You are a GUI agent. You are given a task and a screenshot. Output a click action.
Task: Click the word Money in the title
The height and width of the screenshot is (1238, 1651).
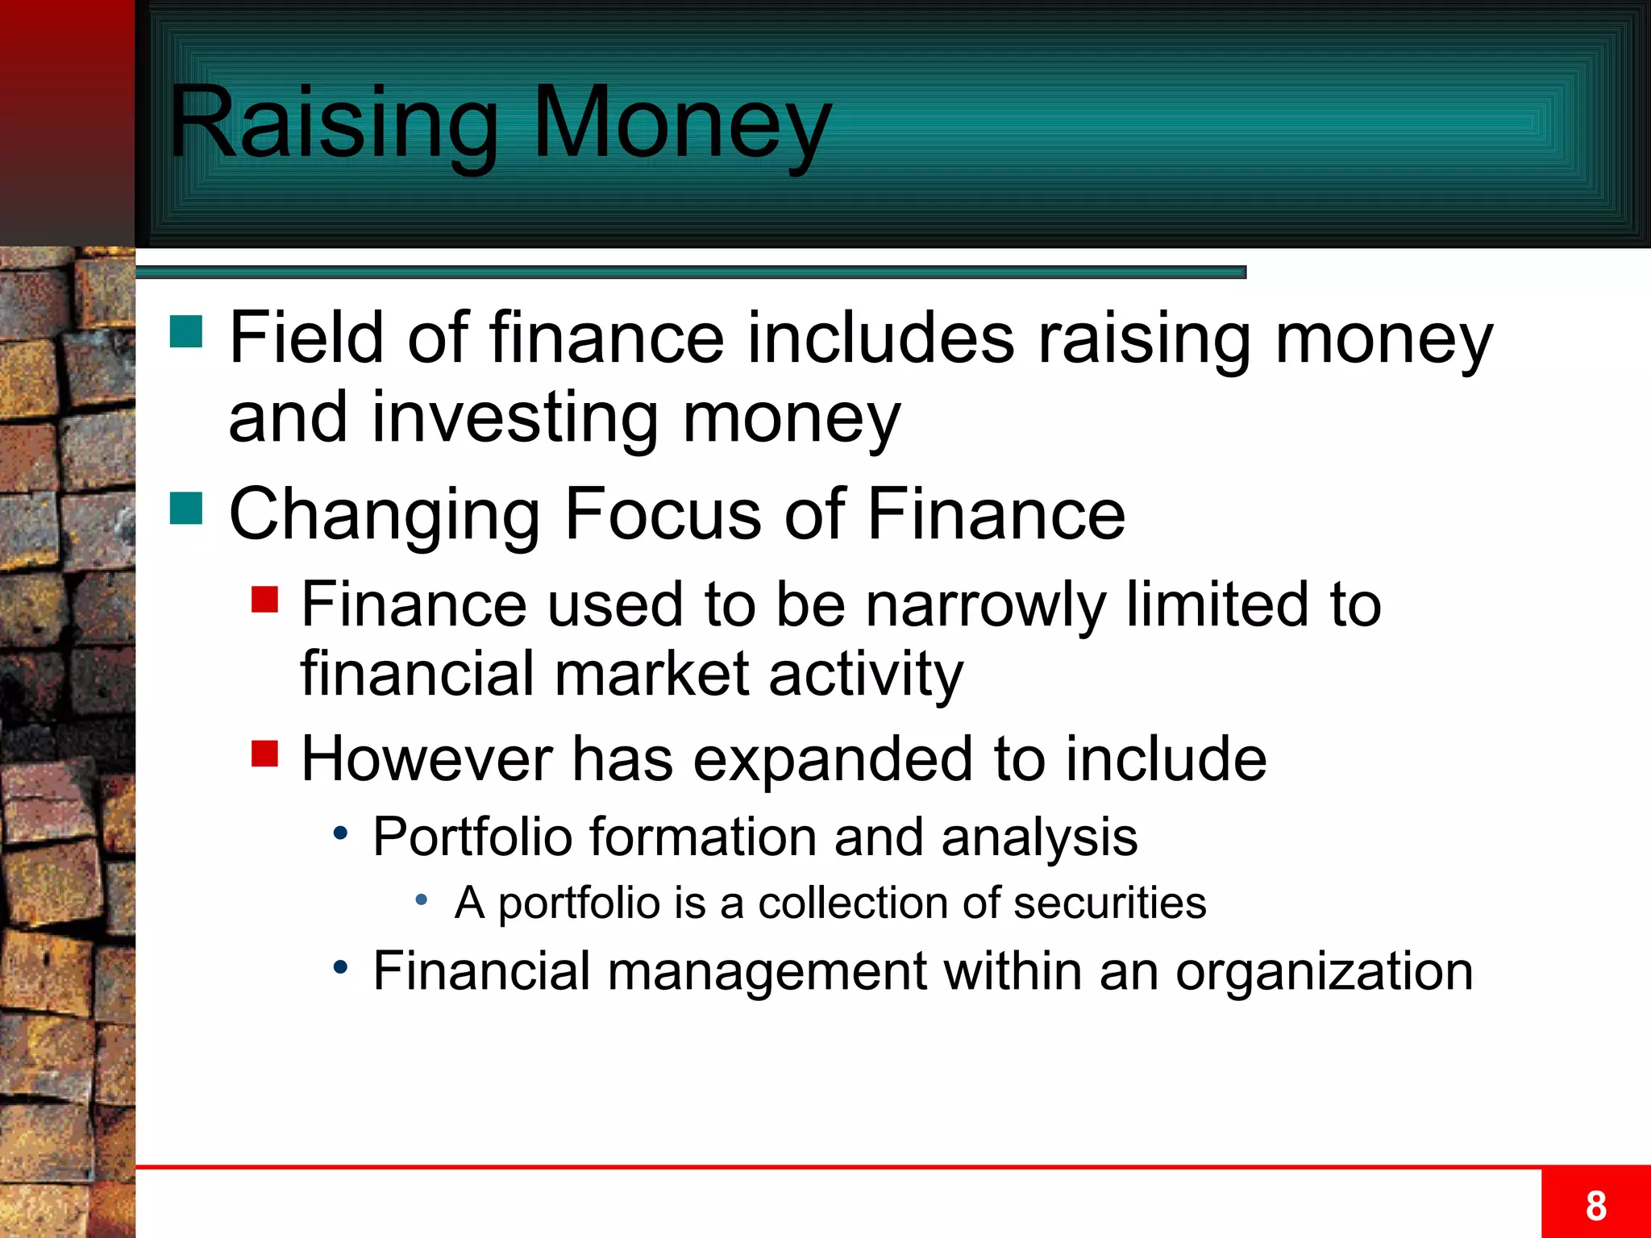[681, 123]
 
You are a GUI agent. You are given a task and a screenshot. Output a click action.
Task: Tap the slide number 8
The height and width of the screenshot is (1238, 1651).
[1595, 1206]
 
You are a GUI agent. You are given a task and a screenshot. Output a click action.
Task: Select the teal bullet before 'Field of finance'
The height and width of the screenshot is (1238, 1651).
[186, 331]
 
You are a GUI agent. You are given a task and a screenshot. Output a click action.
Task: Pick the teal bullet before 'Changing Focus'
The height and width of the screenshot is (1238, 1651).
[186, 509]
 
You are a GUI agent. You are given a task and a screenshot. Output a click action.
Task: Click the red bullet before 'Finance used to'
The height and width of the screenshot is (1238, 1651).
[264, 600]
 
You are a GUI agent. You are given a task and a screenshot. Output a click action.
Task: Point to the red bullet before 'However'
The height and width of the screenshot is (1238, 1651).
[264, 754]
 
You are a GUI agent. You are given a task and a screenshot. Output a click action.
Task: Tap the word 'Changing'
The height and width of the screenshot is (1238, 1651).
[385, 516]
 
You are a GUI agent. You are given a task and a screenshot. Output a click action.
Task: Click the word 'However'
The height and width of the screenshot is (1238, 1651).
[427, 759]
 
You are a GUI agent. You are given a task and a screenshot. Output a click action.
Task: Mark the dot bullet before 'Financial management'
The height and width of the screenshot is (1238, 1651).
[342, 967]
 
